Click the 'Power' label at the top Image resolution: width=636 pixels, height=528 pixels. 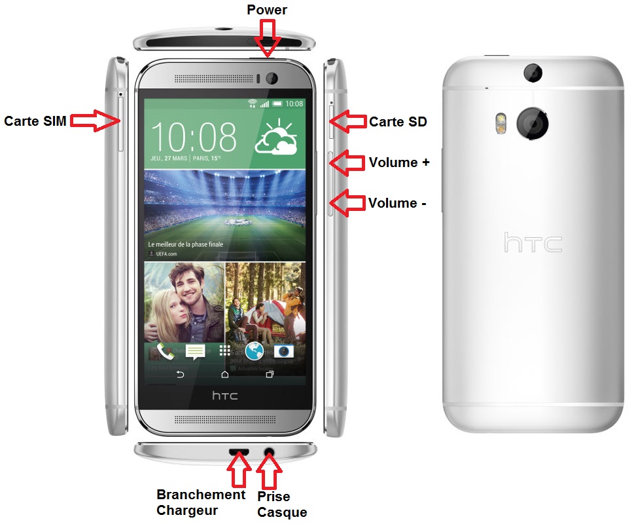pyautogui.click(x=266, y=9)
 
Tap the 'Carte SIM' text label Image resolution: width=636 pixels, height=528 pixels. pyautogui.click(x=35, y=121)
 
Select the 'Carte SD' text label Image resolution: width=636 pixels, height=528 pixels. pyautogui.click(x=398, y=121)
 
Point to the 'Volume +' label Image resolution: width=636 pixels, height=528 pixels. pyautogui.click(x=399, y=162)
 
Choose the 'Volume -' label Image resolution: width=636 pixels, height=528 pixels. pyautogui.click(x=397, y=203)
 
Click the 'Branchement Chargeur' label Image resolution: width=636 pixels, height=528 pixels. pyautogui.click(x=201, y=502)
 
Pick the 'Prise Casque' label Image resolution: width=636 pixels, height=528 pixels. pyautogui.click(x=282, y=504)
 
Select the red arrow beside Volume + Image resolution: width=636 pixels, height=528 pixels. pyautogui.click(x=345, y=162)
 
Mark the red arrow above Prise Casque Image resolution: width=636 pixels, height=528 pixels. pyautogui.click(x=269, y=471)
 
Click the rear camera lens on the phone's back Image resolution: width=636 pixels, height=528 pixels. pyautogui.click(x=532, y=123)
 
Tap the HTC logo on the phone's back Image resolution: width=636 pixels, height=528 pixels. pyautogui.click(x=533, y=243)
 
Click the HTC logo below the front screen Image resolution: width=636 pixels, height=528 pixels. pyautogui.click(x=224, y=396)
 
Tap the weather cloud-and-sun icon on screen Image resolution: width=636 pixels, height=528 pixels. pyautogui.click(x=277, y=137)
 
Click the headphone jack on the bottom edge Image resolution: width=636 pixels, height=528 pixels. pyautogui.click(x=269, y=451)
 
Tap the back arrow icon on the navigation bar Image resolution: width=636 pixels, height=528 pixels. pyautogui.click(x=180, y=375)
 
